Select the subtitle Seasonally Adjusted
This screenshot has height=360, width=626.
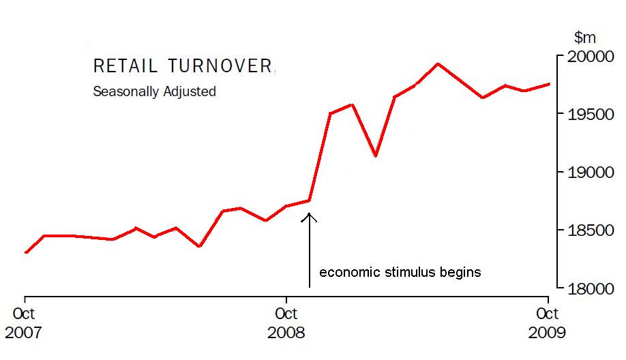154,91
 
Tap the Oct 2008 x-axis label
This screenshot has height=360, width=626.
286,323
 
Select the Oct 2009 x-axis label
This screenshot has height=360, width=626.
548,323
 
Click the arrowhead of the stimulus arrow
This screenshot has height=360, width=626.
310,217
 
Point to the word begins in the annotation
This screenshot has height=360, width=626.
459,273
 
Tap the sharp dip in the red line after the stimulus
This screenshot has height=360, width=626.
375,155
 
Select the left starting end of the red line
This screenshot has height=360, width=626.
26,252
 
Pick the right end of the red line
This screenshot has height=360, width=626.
549,84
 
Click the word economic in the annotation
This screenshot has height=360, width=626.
348,273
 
